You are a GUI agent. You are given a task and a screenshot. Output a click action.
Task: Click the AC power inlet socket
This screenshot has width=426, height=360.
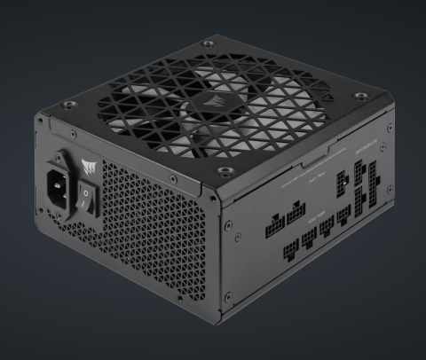click(58, 185)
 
